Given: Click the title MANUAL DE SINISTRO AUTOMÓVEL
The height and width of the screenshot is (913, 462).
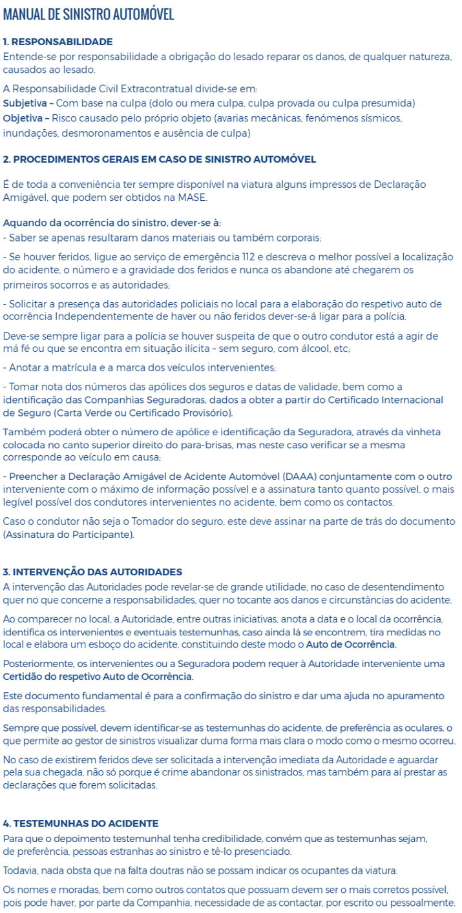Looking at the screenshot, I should pyautogui.click(x=89, y=14).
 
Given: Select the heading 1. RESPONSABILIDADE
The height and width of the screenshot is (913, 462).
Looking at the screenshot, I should pyautogui.click(x=58, y=41).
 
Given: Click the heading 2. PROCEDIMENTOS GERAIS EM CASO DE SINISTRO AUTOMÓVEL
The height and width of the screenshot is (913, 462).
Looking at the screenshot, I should pyautogui.click(x=160, y=159).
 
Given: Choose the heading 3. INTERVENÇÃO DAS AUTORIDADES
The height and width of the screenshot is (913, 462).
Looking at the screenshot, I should pyautogui.click(x=92, y=571).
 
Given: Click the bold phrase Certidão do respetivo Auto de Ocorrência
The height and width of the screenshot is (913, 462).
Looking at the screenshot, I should pyautogui.click(x=98, y=677).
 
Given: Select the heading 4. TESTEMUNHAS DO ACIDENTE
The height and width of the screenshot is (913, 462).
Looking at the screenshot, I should pyautogui.click(x=81, y=823).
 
